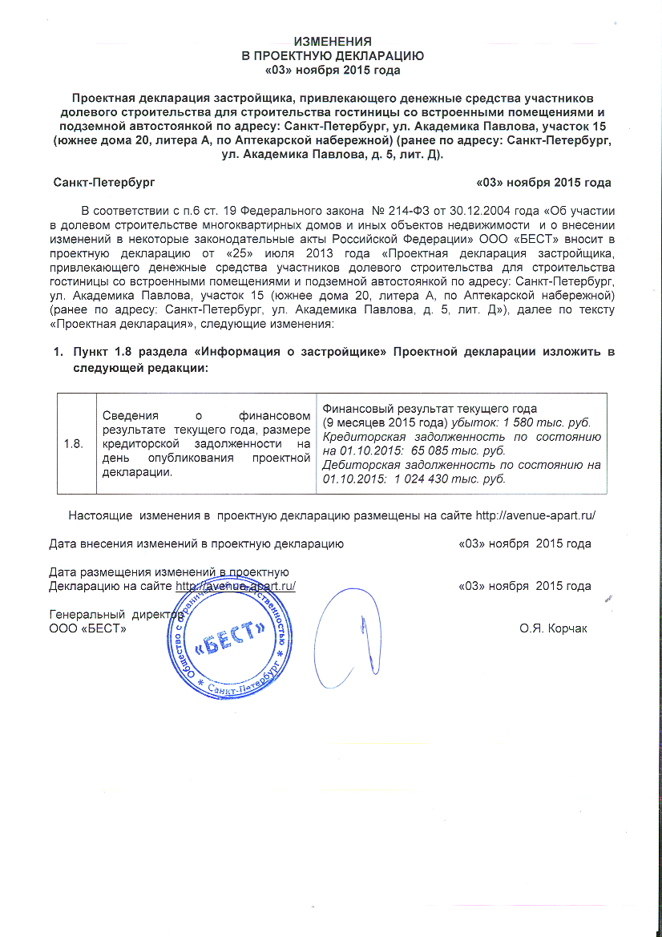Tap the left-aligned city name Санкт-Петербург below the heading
coord(103,183)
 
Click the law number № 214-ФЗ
coord(340,211)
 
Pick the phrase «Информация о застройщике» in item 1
coord(283,353)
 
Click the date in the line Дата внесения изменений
coord(524,543)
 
